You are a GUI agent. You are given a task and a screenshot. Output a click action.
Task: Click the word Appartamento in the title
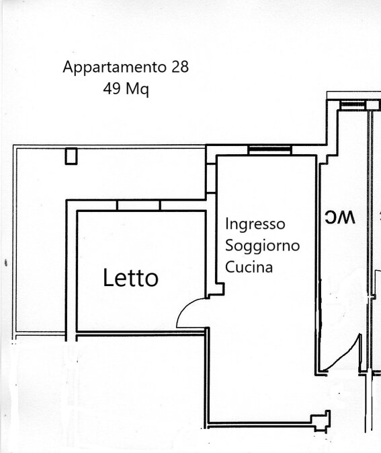click(114, 67)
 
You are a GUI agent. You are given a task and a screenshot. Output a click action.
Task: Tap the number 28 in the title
click(180, 67)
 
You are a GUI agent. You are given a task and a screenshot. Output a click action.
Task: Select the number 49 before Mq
click(112, 88)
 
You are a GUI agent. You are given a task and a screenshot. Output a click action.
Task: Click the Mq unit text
click(138, 90)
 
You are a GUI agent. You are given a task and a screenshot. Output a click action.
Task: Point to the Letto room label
click(130, 277)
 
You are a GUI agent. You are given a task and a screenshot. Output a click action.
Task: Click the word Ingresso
click(255, 224)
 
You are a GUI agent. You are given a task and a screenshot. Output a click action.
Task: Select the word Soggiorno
click(263, 246)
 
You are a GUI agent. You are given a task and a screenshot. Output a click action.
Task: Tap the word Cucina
click(249, 267)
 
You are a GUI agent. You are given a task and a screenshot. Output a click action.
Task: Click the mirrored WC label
click(340, 217)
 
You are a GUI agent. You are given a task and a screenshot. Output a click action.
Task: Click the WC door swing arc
click(346, 355)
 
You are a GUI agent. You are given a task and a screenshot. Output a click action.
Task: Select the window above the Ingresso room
click(270, 150)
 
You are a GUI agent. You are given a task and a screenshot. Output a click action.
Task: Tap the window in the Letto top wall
click(138, 205)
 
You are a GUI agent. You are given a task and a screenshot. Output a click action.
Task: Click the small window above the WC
click(353, 104)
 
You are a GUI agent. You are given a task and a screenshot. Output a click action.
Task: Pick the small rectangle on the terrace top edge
click(71, 156)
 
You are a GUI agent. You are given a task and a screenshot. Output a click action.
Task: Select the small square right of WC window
click(373, 105)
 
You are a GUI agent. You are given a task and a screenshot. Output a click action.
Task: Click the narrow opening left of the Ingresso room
click(211, 178)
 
